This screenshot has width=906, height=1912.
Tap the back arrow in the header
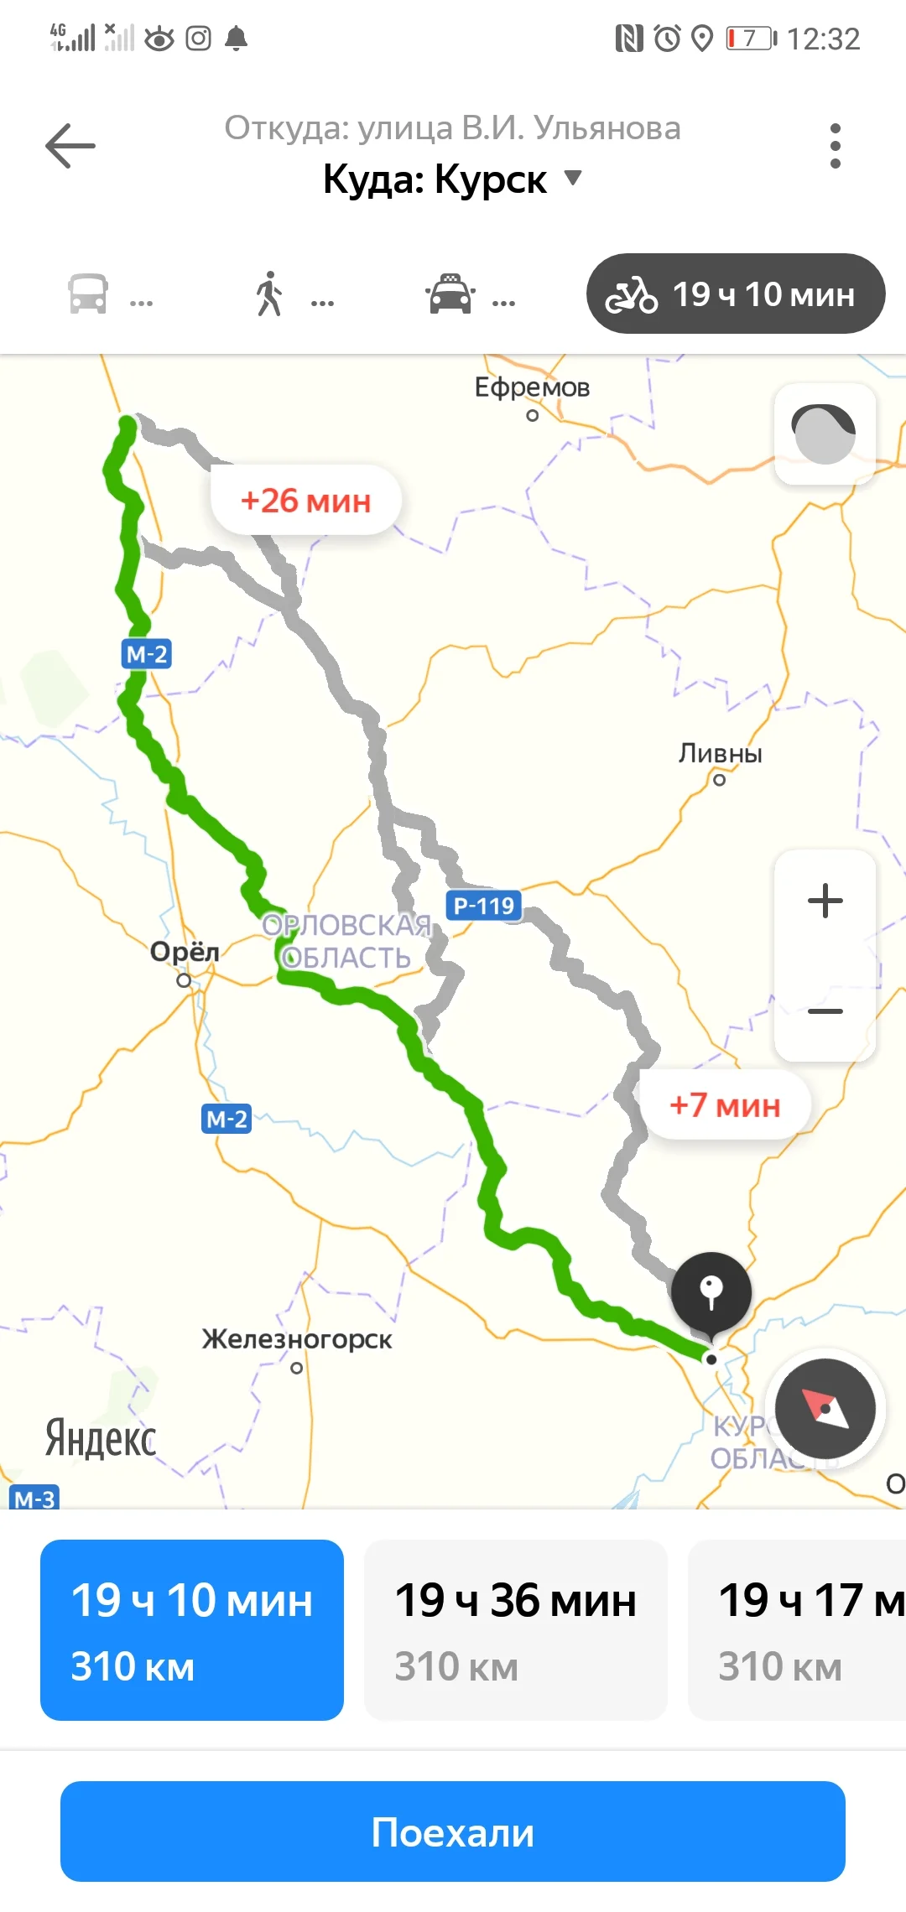point(70,146)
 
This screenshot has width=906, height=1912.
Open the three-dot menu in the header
point(835,146)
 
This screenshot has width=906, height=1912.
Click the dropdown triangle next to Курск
point(573,178)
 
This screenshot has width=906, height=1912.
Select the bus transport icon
point(88,294)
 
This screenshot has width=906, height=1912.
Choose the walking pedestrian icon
point(269,294)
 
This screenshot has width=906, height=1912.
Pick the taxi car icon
point(450,294)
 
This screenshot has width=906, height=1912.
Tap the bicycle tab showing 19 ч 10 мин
point(736,294)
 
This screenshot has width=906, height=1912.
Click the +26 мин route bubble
point(306,501)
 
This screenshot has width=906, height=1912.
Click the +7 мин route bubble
point(725,1105)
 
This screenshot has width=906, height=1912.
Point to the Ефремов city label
point(532,387)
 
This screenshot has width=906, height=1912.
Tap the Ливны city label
point(720,754)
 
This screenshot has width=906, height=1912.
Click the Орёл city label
point(185,953)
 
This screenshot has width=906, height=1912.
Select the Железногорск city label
point(297,1339)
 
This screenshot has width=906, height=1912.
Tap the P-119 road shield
point(483,906)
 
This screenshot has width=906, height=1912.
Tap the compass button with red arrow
point(825,1409)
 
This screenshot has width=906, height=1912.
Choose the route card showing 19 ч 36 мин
point(515,1630)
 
